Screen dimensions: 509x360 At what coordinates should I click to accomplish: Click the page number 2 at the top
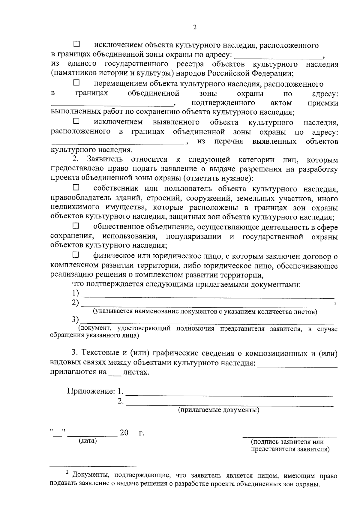(195, 27)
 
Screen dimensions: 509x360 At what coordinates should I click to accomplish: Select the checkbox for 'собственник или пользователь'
(76, 188)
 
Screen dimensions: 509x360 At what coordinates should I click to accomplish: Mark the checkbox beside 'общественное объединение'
(76, 225)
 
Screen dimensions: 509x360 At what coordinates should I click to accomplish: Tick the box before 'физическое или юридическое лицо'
(76, 255)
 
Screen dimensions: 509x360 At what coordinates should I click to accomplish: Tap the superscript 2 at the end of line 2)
(335, 304)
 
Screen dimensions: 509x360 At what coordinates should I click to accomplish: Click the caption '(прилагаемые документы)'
(219, 410)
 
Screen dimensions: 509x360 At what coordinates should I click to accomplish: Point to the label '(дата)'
(88, 441)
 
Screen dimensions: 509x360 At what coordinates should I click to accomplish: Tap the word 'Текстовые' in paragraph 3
(100, 353)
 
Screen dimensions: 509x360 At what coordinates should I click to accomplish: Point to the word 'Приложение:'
(91, 391)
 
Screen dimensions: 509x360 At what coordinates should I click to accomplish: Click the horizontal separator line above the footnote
(93, 466)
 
